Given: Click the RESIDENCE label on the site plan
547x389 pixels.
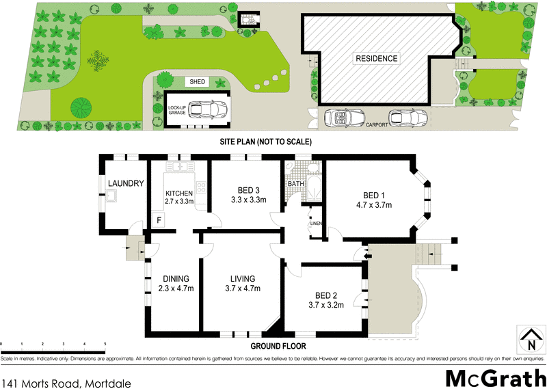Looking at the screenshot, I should pos(375,59).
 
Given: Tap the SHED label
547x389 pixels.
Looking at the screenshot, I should pos(198,82).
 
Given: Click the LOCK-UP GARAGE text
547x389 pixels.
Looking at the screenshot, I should pos(177,110).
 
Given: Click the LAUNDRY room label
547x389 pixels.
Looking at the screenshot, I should pos(125,183).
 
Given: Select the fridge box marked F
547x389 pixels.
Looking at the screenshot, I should pos(159,220).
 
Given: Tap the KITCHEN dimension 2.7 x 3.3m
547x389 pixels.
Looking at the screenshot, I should pos(180,202).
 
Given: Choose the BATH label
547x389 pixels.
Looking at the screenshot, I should pos(295,184).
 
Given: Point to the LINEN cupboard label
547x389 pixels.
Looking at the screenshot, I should pos(315,224).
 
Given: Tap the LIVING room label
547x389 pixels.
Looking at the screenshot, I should pos(242,278).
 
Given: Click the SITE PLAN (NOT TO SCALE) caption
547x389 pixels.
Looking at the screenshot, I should pos(266,142).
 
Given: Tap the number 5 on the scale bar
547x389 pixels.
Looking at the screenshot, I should pos(105,344).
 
